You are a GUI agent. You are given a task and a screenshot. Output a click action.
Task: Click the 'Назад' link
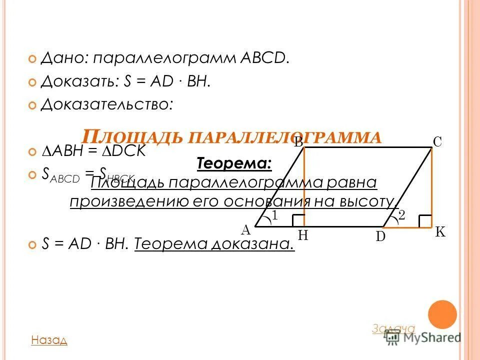click(49, 340)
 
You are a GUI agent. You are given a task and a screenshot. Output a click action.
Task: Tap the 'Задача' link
click(393, 328)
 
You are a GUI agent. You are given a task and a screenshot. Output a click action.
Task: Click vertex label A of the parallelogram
click(245, 230)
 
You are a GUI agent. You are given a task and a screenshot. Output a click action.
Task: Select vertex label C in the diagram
click(437, 142)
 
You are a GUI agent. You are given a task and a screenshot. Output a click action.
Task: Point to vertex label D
click(380, 236)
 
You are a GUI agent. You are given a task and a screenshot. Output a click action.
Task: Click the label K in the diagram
click(440, 232)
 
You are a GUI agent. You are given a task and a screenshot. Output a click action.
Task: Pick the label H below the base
click(303, 235)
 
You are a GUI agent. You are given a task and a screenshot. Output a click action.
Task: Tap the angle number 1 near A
click(274, 215)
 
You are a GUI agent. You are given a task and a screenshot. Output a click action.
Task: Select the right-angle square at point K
click(425, 221)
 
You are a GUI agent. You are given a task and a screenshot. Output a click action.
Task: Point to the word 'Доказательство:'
click(107, 104)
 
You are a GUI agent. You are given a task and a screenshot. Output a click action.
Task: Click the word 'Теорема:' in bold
click(234, 163)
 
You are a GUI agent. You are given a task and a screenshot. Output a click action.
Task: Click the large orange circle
click(442, 314)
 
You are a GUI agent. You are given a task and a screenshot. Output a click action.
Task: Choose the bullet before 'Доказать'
click(32, 81)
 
